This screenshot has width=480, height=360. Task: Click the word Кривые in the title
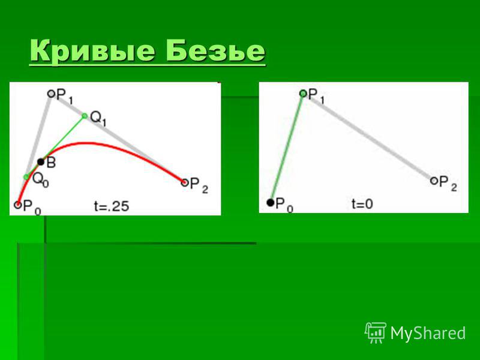[92, 52]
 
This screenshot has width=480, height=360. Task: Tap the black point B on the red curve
[41, 161]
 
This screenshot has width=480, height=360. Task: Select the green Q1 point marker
[85, 116]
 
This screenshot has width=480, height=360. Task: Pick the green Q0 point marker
[26, 177]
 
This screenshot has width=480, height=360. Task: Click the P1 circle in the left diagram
[51, 94]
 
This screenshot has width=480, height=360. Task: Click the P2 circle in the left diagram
[184, 183]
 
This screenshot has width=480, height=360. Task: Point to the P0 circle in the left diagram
[18, 205]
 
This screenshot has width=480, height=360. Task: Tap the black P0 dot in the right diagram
[271, 202]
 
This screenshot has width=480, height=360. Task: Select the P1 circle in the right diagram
[303, 94]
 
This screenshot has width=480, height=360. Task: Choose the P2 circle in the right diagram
[434, 181]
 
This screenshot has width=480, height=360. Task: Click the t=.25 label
[112, 206]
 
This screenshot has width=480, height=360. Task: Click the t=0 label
[362, 204]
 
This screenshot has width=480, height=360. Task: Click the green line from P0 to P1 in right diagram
[287, 148]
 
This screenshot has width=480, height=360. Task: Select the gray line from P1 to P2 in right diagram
[368, 137]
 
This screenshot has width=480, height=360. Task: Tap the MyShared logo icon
[376, 332]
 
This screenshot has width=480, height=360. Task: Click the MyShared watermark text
[428, 333]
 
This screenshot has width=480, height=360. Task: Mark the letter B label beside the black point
[51, 163]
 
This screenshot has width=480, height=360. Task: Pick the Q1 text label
[98, 119]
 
